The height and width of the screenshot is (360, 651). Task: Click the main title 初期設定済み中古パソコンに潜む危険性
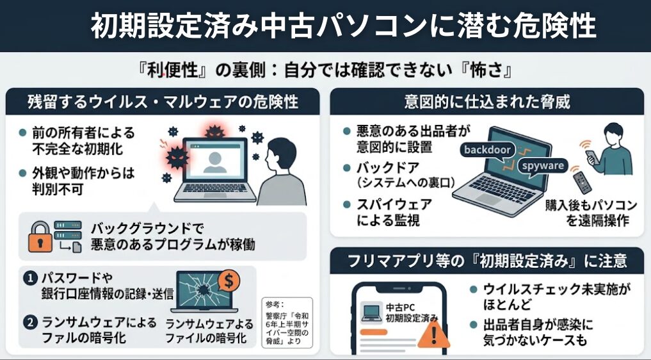(x=343, y=26)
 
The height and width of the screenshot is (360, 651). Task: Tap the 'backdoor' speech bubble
(x=488, y=149)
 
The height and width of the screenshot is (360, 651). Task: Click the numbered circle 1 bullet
(x=29, y=279)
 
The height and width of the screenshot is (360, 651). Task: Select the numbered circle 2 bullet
(x=29, y=323)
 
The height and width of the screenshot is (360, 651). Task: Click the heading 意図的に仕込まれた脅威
(x=487, y=101)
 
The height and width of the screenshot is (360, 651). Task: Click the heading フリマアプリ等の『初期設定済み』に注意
(x=487, y=261)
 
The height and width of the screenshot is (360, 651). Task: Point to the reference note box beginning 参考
(x=287, y=322)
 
